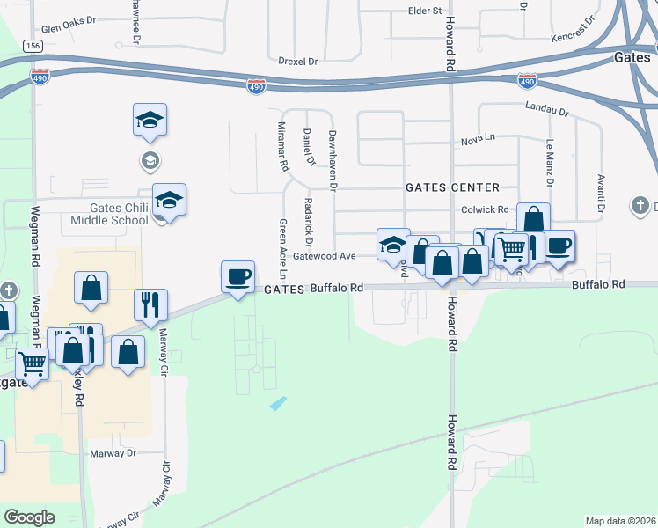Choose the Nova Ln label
tap(479, 141)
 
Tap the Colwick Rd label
tap(485, 210)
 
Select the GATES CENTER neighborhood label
tap(452, 187)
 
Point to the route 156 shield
tap(33, 46)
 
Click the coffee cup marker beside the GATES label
tap(238, 276)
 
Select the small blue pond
tap(278, 403)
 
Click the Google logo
tap(29, 517)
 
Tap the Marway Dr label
tap(113, 454)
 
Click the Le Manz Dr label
tap(551, 162)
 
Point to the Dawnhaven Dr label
tap(333, 159)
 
